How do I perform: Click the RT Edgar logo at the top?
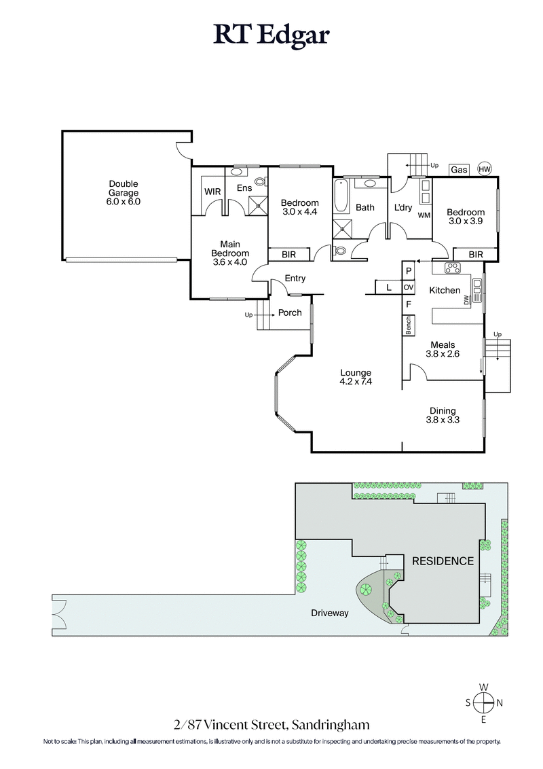coord(271,33)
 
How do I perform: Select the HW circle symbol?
coord(485,169)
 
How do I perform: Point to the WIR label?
coord(212,192)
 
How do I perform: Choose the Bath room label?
coord(365,207)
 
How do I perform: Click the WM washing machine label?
coord(424,215)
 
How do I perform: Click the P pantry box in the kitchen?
coord(409,270)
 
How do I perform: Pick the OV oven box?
coord(409,287)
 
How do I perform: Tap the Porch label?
coord(290,312)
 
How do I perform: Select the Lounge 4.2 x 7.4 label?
coord(356,377)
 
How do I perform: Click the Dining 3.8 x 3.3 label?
coord(442,415)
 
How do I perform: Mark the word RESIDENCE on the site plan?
coord(443,561)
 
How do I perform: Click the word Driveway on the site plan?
coord(330,613)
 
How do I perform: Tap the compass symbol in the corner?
coord(483,702)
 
